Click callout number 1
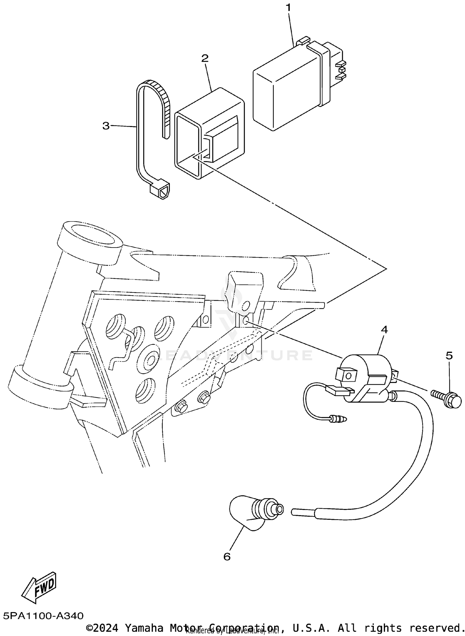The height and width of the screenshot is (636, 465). [289, 7]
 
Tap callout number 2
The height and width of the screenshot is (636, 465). [205, 58]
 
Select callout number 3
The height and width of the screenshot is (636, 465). [106, 126]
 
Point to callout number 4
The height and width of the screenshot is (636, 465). [384, 330]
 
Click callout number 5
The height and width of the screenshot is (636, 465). [449, 356]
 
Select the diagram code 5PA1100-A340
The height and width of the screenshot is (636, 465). [44, 615]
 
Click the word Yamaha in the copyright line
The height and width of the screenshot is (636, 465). [144, 628]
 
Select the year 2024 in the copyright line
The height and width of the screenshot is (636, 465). [106, 628]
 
